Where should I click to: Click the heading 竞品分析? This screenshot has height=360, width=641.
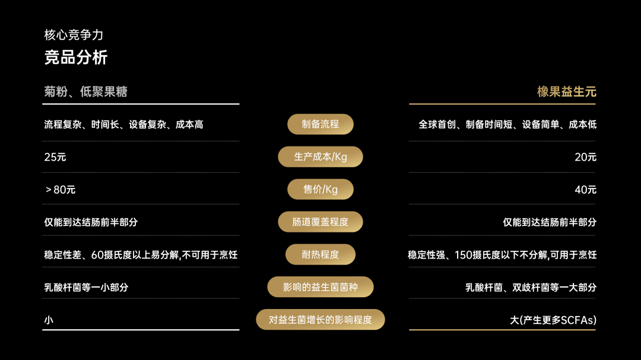tap(76, 58)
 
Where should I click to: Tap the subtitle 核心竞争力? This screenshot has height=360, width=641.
tap(74, 35)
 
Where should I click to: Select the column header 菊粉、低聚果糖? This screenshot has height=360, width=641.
tap(85, 91)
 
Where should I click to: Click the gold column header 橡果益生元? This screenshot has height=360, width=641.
tap(566, 91)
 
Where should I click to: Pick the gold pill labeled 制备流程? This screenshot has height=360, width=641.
tap(320, 125)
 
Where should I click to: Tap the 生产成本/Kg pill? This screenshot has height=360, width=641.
tap(320, 157)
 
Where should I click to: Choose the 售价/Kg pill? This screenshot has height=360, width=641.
tap(320, 189)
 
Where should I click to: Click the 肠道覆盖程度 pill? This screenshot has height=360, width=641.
tap(320, 222)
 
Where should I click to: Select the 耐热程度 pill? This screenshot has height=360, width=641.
tap(320, 254)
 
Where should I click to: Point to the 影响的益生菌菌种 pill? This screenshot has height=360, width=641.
tap(320, 287)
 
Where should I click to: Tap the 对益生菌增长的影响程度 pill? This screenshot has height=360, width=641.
tap(320, 320)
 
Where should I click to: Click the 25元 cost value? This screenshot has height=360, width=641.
tap(55, 157)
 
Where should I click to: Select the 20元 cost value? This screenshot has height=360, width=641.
tap(585, 157)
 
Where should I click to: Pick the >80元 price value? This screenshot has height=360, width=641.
tap(60, 190)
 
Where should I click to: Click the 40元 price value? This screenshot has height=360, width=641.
tap(585, 190)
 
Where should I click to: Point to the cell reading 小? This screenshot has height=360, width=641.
tap(49, 320)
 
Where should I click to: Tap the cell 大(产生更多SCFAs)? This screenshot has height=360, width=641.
tap(553, 320)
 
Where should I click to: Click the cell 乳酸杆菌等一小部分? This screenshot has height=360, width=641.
tap(86, 288)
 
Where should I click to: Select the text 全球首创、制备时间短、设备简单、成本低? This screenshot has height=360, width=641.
tap(507, 125)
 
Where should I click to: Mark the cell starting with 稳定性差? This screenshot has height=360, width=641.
tap(141, 255)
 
